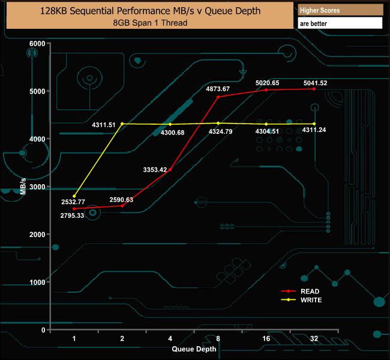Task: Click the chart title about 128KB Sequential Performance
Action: (x=150, y=11)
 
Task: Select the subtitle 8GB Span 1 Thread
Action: (x=150, y=23)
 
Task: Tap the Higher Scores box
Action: (x=340, y=10)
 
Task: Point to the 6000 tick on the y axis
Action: (x=37, y=44)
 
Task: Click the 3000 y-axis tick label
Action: (x=37, y=187)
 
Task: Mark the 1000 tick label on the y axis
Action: (x=37, y=282)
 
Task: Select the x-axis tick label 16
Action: (x=266, y=339)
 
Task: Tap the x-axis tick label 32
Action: (x=314, y=339)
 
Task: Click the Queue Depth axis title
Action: (x=194, y=349)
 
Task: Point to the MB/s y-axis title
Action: (x=23, y=185)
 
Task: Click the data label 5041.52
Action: (x=316, y=83)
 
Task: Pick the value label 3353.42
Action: (x=155, y=170)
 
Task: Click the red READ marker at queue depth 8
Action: (x=218, y=97)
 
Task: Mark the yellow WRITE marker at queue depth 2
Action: (x=122, y=124)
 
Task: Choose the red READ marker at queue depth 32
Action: (x=314, y=89)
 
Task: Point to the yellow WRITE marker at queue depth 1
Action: (x=74, y=196)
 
